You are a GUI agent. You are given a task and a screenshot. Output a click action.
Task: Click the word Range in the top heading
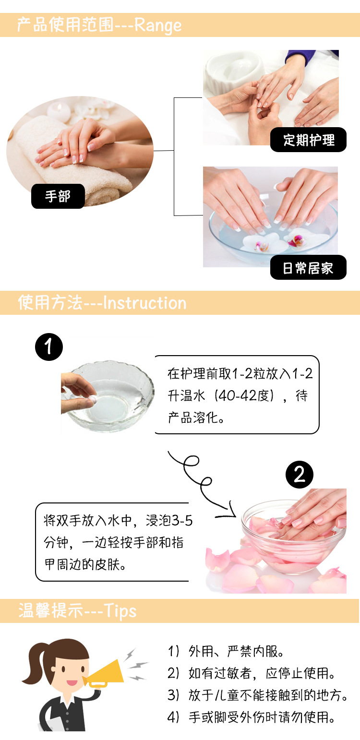(158, 25)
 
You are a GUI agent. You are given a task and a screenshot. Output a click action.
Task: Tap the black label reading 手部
(58, 196)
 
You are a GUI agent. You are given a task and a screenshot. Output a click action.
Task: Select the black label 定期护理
(309, 140)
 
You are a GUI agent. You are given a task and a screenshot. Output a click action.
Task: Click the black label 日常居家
(309, 268)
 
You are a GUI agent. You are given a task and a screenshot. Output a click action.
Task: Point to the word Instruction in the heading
(145, 303)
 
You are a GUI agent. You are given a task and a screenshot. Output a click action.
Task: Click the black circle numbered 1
(49, 347)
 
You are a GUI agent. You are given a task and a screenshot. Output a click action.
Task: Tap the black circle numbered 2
(300, 475)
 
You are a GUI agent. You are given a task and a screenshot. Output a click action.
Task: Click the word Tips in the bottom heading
(120, 611)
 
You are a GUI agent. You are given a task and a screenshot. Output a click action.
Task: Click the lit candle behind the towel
(58, 111)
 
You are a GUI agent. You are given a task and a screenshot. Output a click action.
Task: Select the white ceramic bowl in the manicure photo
(233, 72)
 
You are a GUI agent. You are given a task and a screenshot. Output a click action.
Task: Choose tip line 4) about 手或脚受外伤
(251, 717)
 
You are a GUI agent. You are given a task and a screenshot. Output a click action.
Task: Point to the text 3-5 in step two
(181, 521)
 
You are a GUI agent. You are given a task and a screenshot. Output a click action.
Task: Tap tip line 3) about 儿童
(258, 695)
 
